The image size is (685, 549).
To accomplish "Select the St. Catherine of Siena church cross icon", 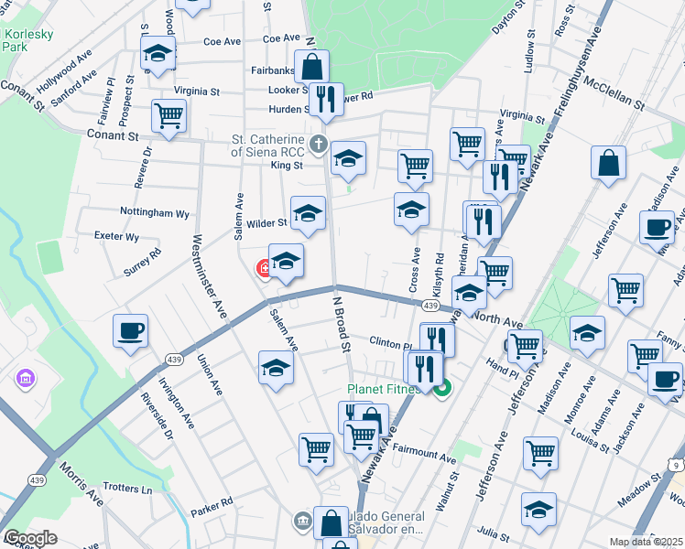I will tap(318, 144).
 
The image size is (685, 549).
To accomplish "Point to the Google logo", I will tap(30, 538).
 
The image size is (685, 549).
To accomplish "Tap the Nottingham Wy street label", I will tap(154, 212).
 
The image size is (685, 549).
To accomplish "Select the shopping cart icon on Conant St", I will tap(169, 115).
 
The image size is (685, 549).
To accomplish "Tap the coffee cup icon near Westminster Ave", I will tap(130, 329).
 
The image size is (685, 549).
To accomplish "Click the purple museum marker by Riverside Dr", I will tap(25, 378).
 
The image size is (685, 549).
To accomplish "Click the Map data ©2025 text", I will tap(647, 542).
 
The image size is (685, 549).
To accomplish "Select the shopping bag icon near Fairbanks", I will tap(311, 66).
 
